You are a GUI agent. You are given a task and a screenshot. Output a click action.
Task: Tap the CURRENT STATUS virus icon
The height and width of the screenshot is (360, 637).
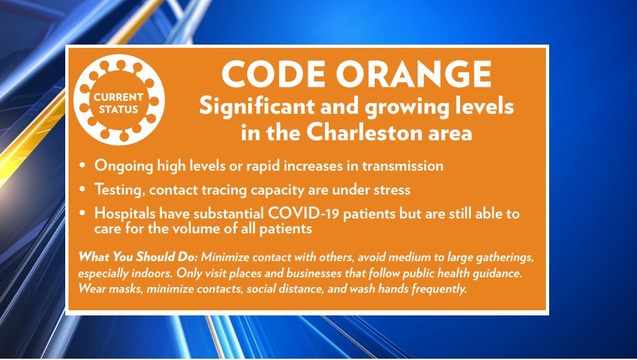118,101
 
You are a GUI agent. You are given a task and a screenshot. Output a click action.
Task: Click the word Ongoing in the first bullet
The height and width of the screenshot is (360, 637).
122,166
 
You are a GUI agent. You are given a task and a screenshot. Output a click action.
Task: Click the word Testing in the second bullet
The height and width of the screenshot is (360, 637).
120,190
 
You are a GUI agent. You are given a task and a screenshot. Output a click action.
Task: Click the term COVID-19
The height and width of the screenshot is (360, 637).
288,213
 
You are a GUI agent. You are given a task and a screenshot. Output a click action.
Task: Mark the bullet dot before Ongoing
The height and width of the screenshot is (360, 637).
83,166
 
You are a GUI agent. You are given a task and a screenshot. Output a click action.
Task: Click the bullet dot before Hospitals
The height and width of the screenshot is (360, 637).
83,213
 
